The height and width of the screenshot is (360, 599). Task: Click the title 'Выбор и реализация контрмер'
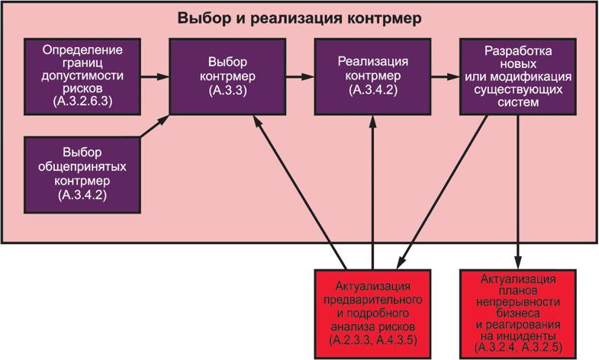[x=300, y=18]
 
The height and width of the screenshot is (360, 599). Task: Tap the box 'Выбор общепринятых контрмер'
[x=83, y=175]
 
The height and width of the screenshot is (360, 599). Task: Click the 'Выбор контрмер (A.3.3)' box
[x=227, y=76]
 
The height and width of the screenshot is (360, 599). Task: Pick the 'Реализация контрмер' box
[x=372, y=76]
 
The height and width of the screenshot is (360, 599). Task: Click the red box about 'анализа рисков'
[x=372, y=310]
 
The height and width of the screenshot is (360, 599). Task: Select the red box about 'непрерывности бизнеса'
[x=517, y=310]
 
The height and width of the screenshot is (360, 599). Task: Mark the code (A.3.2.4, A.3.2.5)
[x=517, y=347]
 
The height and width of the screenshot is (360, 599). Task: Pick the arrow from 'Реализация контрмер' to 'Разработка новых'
[x=444, y=76]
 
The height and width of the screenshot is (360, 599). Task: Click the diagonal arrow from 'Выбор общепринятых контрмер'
[x=155, y=127]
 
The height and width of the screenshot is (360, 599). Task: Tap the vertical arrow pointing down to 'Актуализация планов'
[x=519, y=191]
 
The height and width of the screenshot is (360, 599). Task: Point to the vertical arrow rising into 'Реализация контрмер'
[x=372, y=191]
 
